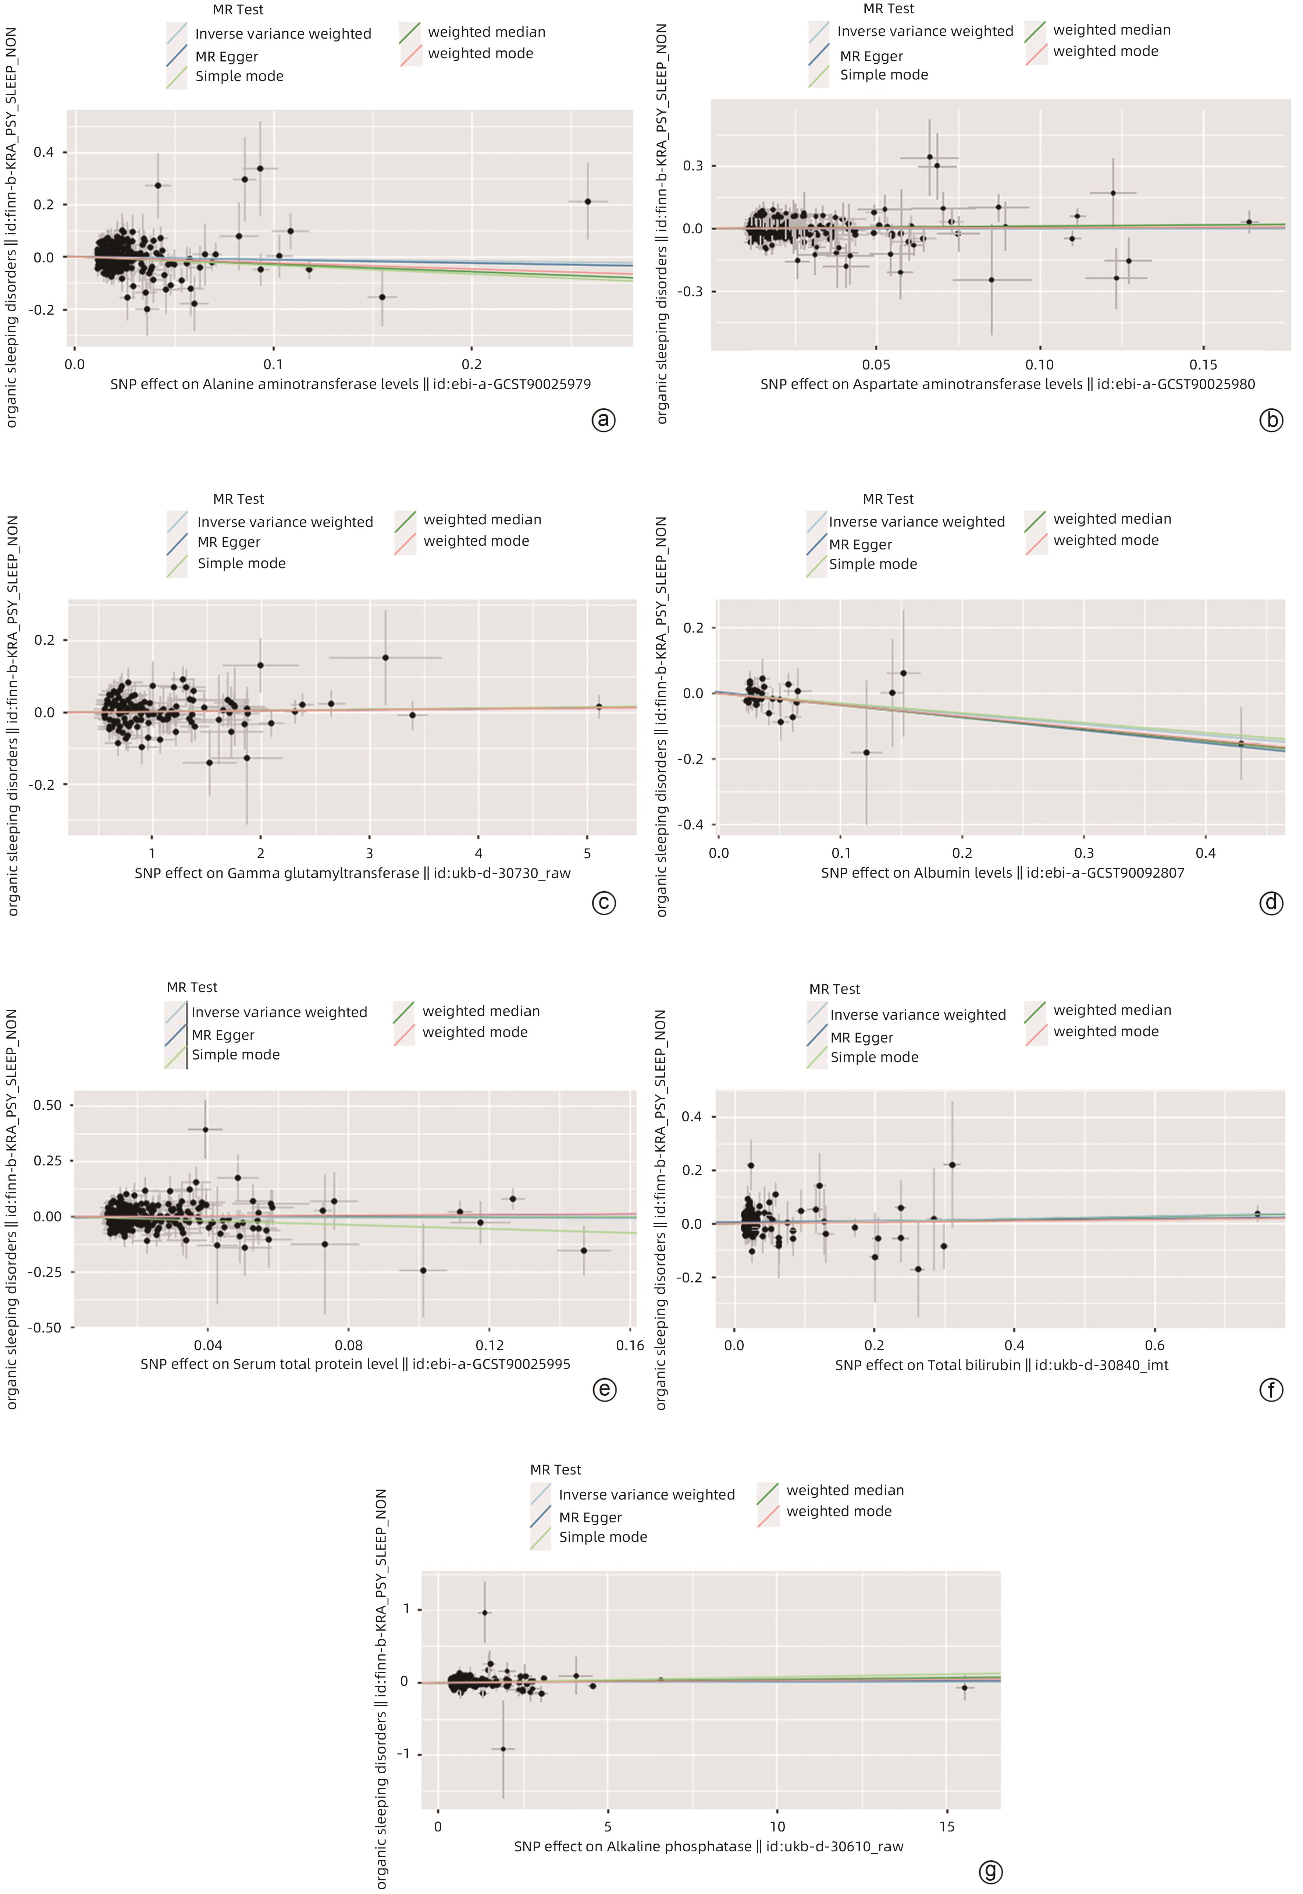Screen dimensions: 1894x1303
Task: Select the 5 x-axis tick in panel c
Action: point(587,853)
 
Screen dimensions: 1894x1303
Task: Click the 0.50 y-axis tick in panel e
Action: point(47,1105)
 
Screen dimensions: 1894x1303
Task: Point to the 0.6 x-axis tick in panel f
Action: point(1154,1345)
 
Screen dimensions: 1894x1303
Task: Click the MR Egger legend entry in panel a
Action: point(226,56)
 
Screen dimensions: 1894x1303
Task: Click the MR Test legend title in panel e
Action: point(192,987)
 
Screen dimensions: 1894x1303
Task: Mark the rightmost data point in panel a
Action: point(588,202)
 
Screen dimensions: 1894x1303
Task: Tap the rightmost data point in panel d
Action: point(1241,743)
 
